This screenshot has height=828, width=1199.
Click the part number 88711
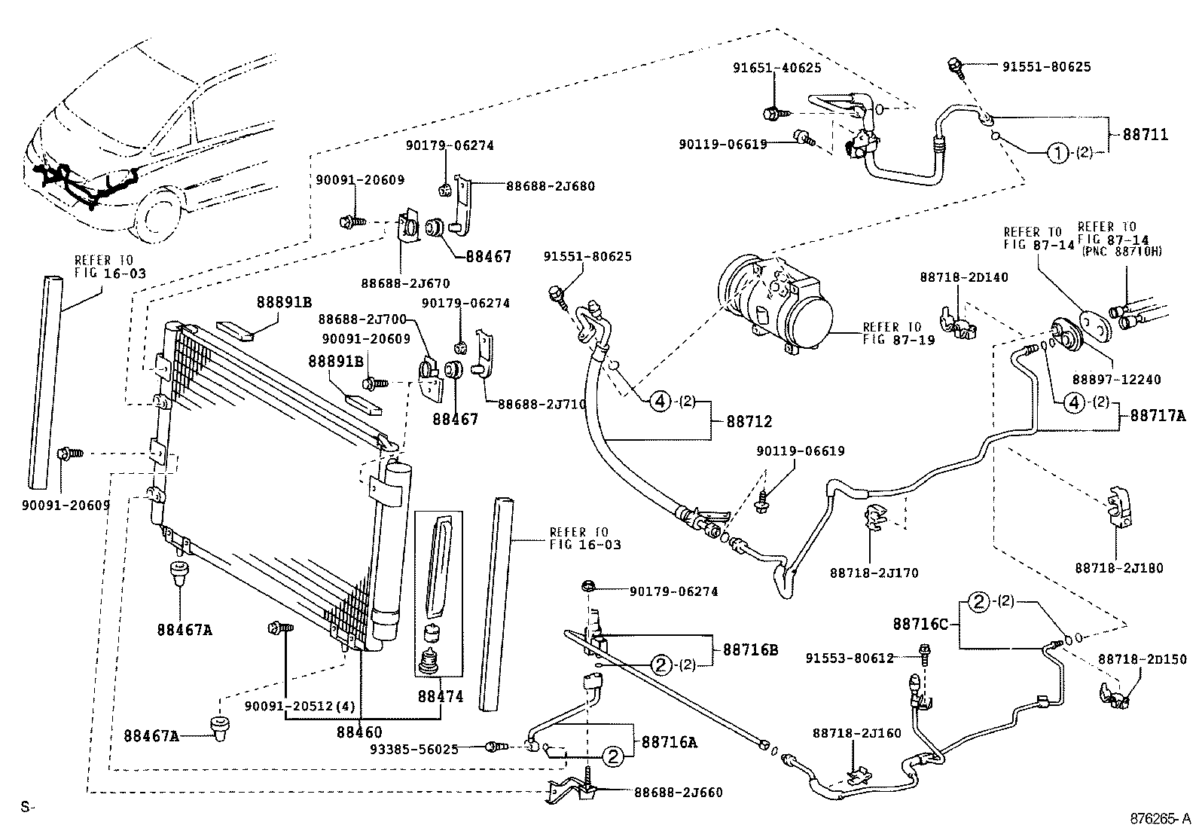point(1145,135)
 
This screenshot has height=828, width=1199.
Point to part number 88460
point(358,732)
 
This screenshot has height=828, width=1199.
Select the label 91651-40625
point(776,67)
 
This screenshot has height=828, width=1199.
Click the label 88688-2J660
point(678,792)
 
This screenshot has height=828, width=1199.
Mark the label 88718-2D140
point(963,277)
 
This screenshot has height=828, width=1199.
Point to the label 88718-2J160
point(856,732)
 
